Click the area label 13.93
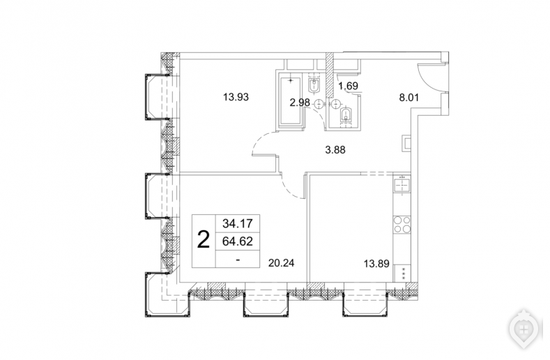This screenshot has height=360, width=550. point(236,97)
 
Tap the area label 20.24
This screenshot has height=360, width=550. point(282,263)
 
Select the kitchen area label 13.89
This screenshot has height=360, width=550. point(376,264)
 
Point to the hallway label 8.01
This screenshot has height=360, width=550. point(409,97)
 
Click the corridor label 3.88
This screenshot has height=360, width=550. point(335,150)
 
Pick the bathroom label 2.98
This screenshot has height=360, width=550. point(300,103)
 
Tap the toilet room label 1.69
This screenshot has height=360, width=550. point(348,86)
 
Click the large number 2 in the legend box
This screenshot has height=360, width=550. point(204,241)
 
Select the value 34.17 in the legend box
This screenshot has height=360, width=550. point(238,223)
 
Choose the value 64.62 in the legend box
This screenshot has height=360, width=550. point(238,241)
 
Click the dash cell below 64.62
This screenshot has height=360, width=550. point(238,260)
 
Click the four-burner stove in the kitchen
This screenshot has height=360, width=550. point(402,224)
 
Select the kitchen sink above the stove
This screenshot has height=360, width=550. point(402,185)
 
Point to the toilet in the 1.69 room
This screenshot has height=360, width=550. point(346,114)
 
